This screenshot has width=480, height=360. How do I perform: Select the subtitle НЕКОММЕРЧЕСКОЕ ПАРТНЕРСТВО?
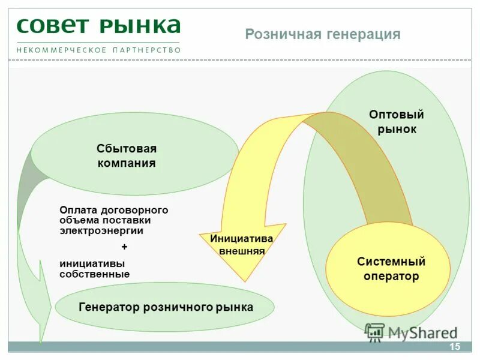click(x=98, y=50)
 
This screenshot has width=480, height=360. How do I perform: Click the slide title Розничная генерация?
click(x=322, y=34)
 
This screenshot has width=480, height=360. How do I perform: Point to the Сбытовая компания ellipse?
click(x=135, y=154)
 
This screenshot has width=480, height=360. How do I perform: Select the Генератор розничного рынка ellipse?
click(x=165, y=307)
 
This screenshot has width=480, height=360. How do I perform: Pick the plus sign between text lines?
click(x=124, y=247)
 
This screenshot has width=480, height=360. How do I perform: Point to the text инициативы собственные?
click(x=94, y=268)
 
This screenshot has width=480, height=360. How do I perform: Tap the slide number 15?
click(x=454, y=347)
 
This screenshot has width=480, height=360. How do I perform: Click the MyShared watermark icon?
click(x=374, y=332)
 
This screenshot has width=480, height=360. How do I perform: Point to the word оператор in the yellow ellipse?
click(x=391, y=277)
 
